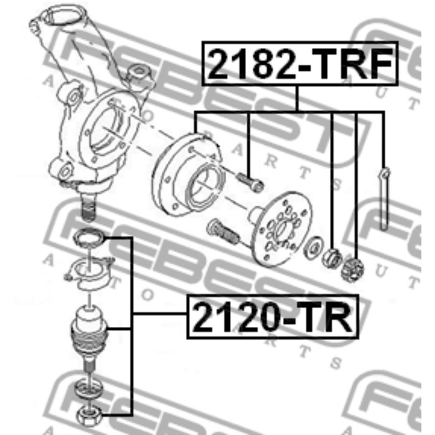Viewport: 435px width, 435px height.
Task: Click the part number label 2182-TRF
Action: (300, 63)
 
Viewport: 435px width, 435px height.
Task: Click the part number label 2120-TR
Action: (273, 316)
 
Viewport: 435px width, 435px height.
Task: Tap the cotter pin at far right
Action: (384, 199)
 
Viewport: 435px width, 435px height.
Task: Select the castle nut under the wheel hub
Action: (352, 269)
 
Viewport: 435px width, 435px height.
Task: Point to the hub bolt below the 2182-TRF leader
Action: (250, 181)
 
